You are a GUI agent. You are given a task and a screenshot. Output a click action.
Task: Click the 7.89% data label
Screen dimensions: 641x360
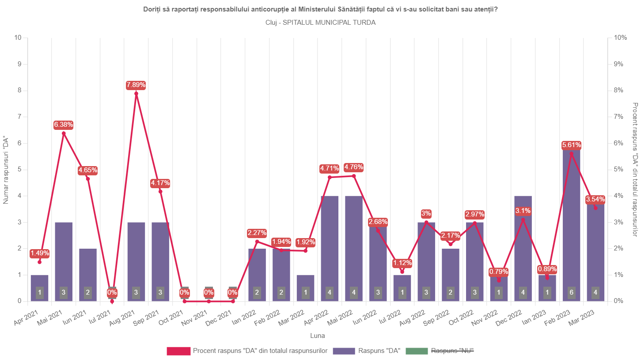tap(136, 85)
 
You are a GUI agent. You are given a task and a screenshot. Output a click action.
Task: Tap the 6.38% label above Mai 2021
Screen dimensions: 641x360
tap(64, 125)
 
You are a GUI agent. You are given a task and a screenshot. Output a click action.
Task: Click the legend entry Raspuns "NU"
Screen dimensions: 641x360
tap(452, 351)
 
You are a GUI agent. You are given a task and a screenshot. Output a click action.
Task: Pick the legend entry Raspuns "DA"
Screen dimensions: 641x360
tap(379, 351)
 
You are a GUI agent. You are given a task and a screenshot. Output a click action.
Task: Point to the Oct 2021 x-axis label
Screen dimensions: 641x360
tap(171, 318)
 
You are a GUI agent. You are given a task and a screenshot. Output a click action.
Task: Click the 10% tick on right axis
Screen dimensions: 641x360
tap(620, 38)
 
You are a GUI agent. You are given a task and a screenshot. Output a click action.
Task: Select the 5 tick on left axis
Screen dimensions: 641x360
tap(19, 170)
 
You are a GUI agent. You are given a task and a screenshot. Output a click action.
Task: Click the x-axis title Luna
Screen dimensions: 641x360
tap(317, 336)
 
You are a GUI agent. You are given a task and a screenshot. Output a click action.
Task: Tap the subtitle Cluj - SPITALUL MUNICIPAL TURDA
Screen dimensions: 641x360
tap(321, 23)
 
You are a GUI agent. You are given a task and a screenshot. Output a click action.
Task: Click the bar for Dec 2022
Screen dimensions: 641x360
tap(523, 249)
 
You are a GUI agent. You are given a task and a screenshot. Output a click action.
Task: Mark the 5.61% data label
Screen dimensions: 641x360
tap(572, 145)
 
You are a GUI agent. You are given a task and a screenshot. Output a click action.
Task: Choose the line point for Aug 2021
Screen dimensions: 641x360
tap(136, 94)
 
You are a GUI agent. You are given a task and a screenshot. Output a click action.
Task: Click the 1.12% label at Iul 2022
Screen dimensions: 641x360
tap(402, 263)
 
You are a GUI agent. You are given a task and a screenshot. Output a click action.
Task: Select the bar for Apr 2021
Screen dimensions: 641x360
tap(39, 288)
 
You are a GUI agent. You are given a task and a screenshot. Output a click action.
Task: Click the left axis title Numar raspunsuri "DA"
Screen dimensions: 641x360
tap(6, 171)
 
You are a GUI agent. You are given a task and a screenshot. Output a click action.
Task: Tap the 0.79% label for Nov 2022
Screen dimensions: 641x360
tap(499, 272)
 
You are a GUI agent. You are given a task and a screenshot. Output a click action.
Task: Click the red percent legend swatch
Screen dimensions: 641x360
tap(178, 351)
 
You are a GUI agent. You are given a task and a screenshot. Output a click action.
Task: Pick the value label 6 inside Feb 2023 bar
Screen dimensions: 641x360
tap(572, 292)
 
